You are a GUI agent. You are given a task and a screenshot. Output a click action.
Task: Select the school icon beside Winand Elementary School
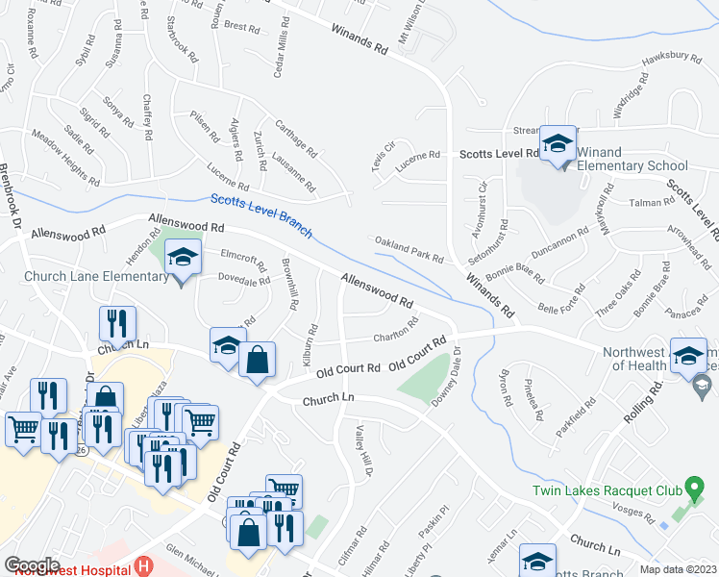tap(557, 145)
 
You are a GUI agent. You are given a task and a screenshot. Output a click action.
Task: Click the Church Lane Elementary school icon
tap(183, 258)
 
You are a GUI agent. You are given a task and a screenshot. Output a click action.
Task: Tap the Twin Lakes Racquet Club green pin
tap(689, 489)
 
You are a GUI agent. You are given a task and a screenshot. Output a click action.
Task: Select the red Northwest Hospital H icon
tap(144, 567)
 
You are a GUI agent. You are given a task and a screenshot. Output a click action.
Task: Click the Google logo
tap(32, 565)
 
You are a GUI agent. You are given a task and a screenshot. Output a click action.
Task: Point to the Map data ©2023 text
tap(677, 569)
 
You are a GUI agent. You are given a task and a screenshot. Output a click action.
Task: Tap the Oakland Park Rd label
tap(409, 249)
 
